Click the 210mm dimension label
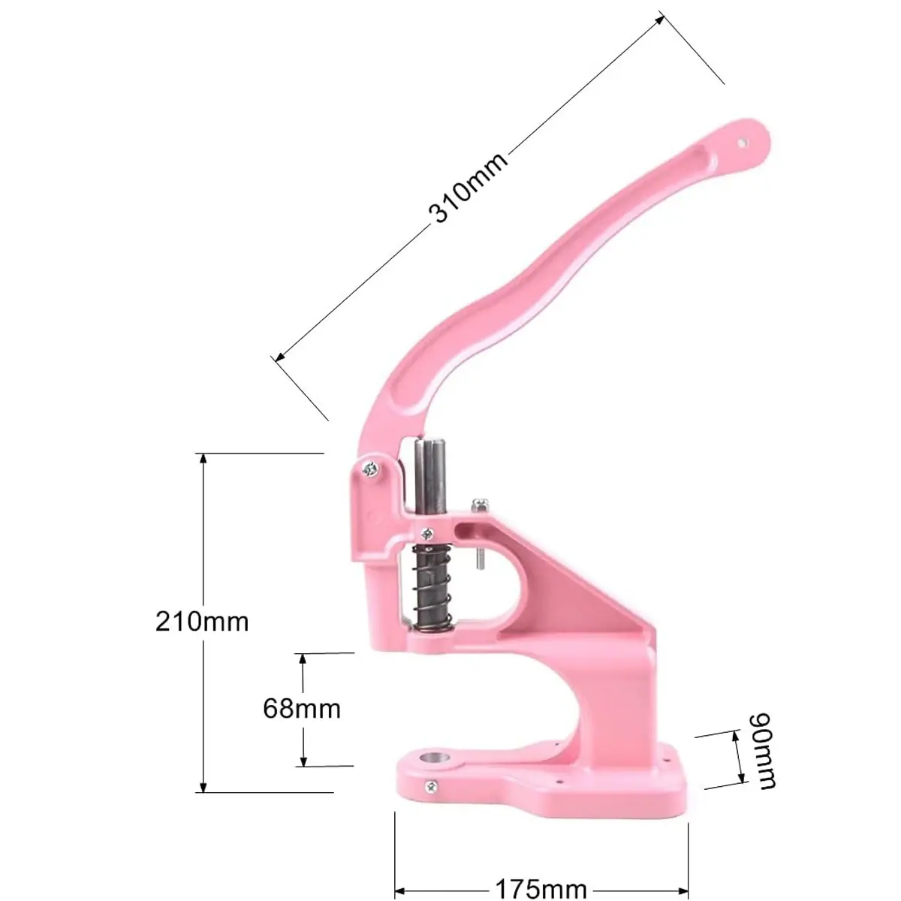pyautogui.click(x=202, y=622)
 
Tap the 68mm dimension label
pyautogui.click(x=302, y=709)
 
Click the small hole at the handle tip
pyautogui.click(x=742, y=142)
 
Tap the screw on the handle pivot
pyautogui.click(x=371, y=468)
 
